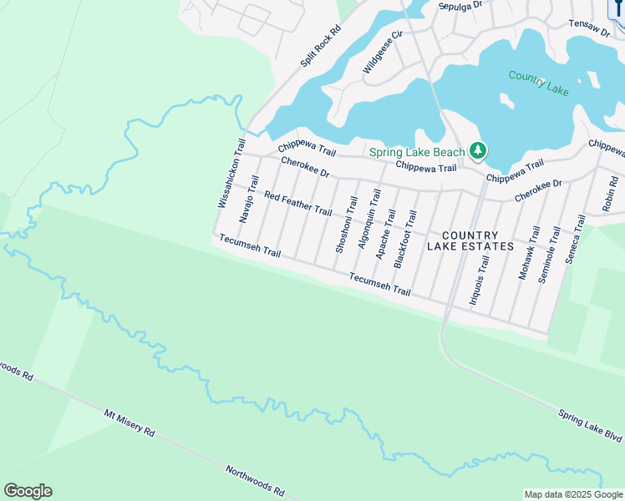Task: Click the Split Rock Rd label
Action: point(321,47)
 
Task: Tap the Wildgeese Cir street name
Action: point(383,53)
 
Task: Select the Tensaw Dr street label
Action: point(589,28)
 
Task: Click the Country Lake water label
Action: point(539,83)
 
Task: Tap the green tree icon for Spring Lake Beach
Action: point(478,151)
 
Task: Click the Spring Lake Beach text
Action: point(416,152)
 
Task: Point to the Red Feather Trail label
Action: point(297,203)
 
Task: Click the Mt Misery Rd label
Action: point(130,423)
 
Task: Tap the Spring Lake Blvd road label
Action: point(590,426)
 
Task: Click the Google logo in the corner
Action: point(28,491)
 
